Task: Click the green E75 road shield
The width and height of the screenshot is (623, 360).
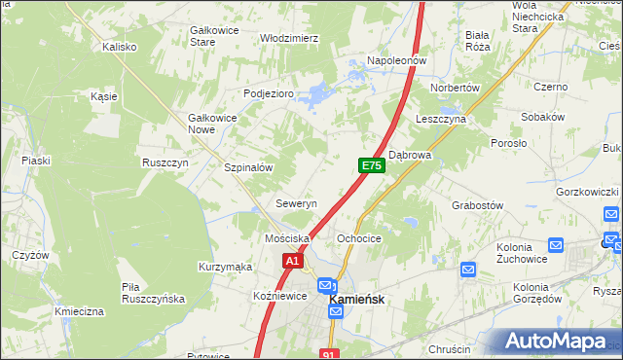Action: pyautogui.click(x=371, y=166)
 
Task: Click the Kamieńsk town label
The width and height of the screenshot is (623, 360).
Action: pyautogui.click(x=361, y=301)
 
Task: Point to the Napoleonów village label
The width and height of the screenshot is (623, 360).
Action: pyautogui.click(x=396, y=60)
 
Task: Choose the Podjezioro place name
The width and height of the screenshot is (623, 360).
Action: pyautogui.click(x=268, y=93)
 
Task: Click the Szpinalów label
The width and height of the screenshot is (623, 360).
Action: pyautogui.click(x=247, y=167)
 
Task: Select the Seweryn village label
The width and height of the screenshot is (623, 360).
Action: pyautogui.click(x=296, y=204)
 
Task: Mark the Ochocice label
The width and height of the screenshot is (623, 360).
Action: pyautogui.click(x=358, y=238)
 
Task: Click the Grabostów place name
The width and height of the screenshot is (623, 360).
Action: pyautogui.click(x=477, y=205)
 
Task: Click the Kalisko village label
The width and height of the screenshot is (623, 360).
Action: pyautogui.click(x=121, y=46)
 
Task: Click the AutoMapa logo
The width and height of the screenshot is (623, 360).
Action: pyautogui.click(x=562, y=342)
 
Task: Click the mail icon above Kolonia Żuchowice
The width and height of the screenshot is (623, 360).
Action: pyautogui.click(x=556, y=246)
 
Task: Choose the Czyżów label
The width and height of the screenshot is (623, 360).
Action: pyautogui.click(x=30, y=255)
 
